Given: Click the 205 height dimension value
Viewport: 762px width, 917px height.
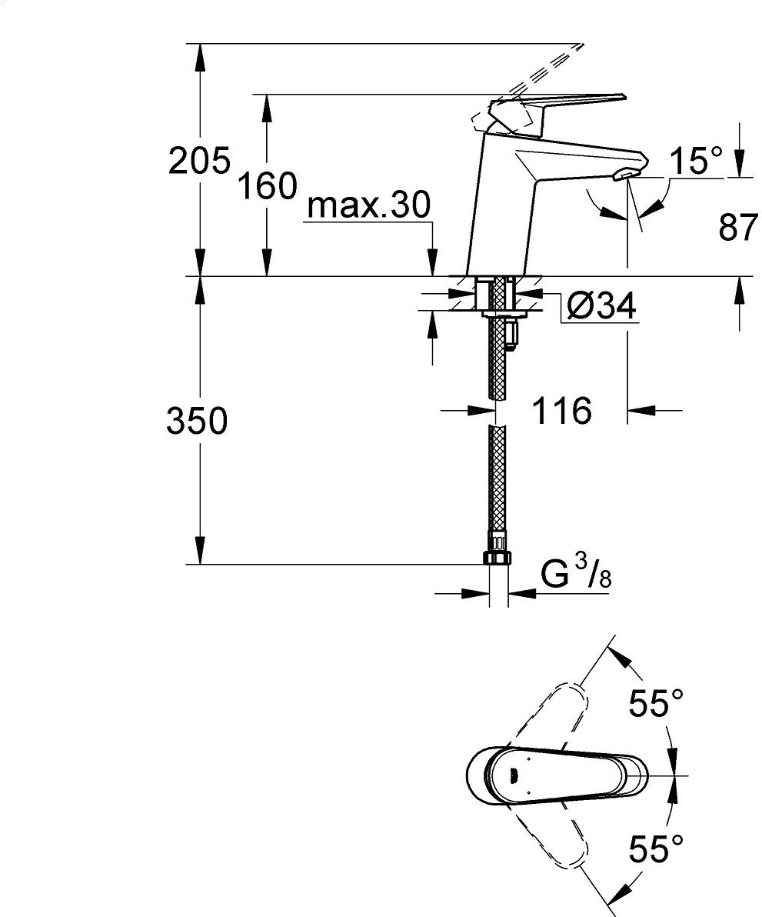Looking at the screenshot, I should click(199, 161).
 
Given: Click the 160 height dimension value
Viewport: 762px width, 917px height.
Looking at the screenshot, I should click(266, 186).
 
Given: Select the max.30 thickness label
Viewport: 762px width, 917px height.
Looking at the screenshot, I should click(368, 207).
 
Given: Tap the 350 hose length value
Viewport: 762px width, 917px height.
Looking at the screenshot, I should click(197, 422).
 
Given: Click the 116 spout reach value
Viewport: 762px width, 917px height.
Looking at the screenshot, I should click(564, 412).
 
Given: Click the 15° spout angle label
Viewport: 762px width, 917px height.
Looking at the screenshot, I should click(696, 162).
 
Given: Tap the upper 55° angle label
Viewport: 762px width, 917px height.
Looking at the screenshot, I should click(656, 703).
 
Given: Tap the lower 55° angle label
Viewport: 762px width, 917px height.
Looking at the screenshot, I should click(656, 851).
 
